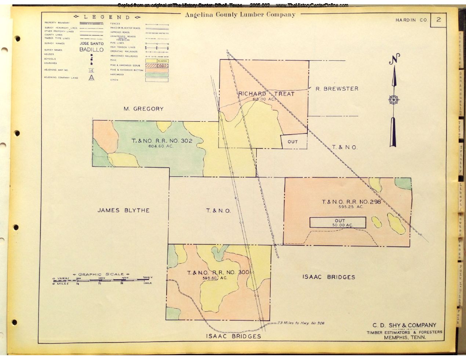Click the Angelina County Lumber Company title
240,15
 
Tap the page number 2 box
438,20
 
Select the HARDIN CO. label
411,20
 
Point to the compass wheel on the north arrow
394,99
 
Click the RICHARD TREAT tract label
266,94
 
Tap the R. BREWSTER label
337,88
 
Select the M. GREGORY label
143,109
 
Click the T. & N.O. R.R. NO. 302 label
162,141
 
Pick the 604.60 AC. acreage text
161,146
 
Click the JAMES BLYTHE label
123,210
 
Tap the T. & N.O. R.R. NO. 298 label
351,201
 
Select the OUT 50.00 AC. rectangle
338,222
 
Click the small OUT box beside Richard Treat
293,142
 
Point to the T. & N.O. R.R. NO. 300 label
218,273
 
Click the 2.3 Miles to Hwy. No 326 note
301,323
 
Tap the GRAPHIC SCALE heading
101,274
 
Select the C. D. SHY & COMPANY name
404,325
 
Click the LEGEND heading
107,17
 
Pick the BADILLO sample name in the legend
91,50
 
